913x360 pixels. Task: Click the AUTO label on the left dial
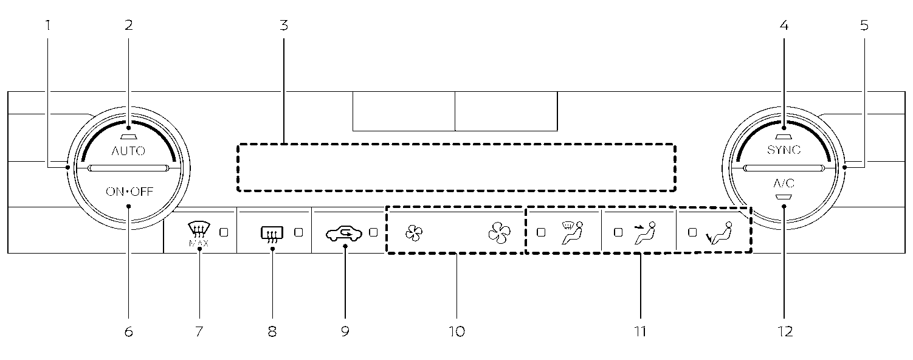pos(128,151)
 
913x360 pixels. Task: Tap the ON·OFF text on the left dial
pos(129,193)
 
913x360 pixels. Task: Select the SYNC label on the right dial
pos(784,150)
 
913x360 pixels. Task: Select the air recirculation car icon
pos(344,233)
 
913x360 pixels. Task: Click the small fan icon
pos(414,233)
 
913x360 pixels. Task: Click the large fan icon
pos(499,232)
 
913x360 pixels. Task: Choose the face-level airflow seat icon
pos(646,233)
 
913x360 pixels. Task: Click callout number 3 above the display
pos(284,26)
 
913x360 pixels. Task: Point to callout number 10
pos(456,331)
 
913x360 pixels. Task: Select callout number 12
pos(784,331)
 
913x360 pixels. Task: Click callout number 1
pos(48,26)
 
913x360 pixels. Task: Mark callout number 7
pos(199,331)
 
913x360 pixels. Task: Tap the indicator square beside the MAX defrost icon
pos(224,232)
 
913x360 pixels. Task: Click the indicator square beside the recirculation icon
pos(373,232)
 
